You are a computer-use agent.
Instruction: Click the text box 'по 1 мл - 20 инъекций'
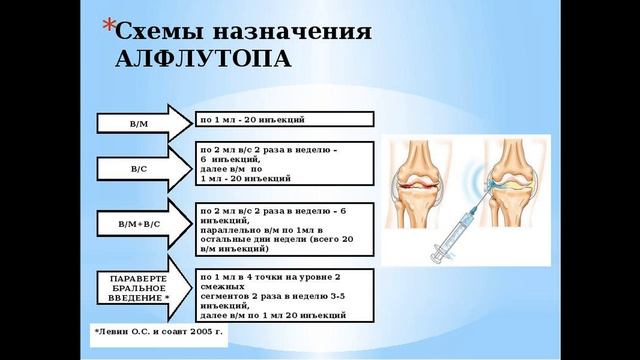(284, 120)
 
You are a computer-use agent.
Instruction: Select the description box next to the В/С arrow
(284, 164)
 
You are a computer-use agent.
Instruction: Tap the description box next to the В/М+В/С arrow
(284, 230)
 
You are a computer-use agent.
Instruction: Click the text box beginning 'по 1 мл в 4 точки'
(284, 295)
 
